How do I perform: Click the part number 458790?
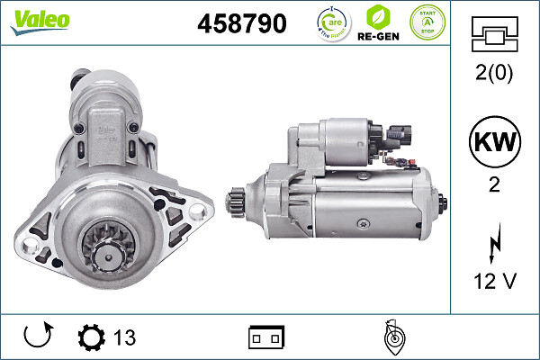241,24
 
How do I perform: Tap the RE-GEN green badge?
379,23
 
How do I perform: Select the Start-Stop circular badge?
427,22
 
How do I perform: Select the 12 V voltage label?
494,282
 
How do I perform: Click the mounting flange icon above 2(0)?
494,36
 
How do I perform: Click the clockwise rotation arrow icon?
37,337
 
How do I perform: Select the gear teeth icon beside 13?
91,337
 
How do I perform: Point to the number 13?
124,337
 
